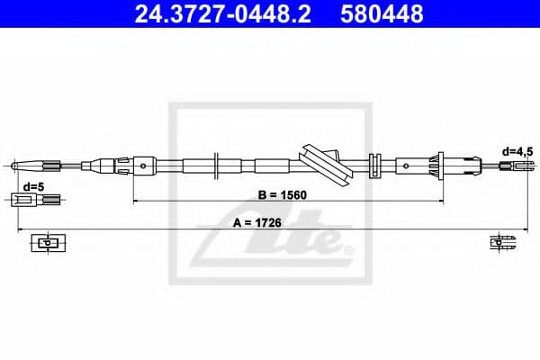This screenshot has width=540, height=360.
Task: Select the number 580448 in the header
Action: [x=383, y=14]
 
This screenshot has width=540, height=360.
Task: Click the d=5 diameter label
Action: [x=33, y=186]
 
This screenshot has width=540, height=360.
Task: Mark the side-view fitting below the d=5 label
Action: [x=33, y=199]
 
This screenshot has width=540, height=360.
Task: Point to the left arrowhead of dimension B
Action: [x=137, y=199]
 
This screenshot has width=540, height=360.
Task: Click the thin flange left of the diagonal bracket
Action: [x=217, y=165]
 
